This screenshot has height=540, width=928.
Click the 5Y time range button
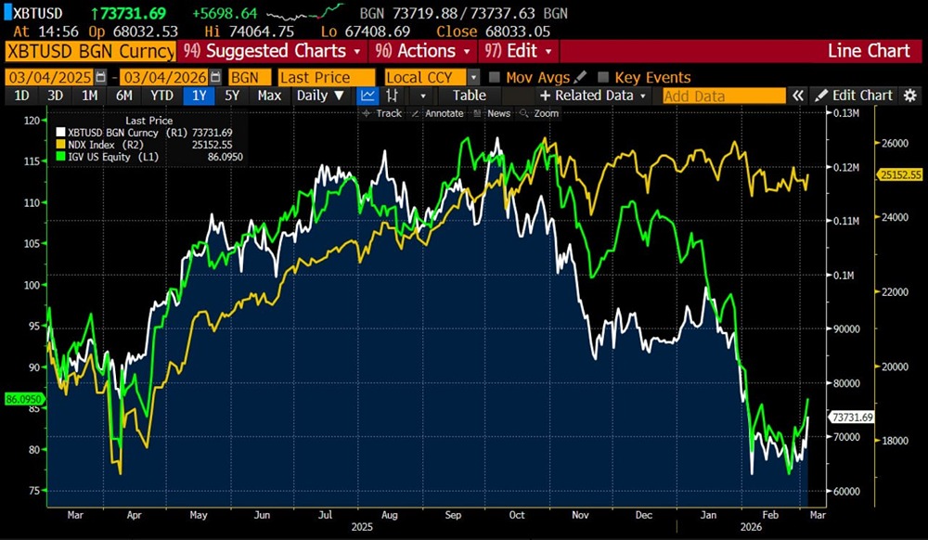[x=231, y=95]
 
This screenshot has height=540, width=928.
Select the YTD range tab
[x=162, y=95]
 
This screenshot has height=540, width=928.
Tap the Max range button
[x=269, y=95]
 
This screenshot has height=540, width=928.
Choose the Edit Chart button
[x=854, y=95]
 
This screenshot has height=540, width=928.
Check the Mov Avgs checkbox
[x=496, y=77]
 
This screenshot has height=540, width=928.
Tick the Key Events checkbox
[x=604, y=77]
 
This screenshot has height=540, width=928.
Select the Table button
[x=469, y=95]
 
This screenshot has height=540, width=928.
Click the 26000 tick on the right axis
[x=892, y=144]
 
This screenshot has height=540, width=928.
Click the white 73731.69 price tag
[x=852, y=418]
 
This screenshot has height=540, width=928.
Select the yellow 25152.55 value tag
[x=899, y=174]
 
